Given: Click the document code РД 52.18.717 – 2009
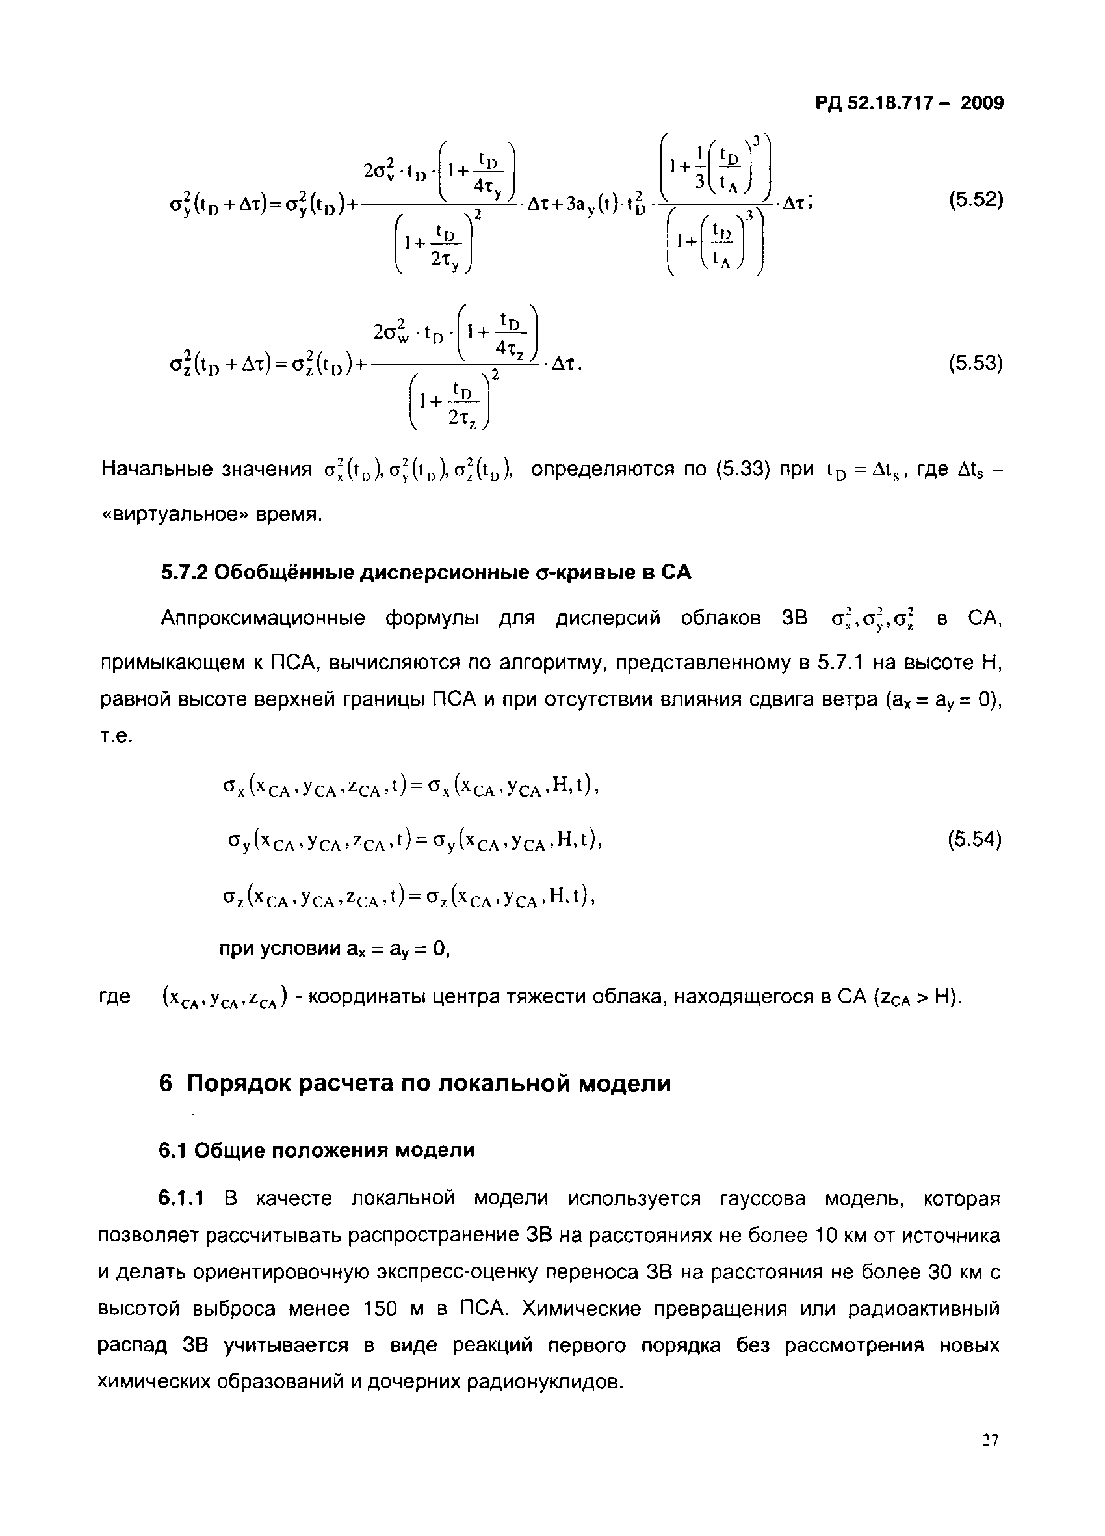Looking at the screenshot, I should (x=909, y=103).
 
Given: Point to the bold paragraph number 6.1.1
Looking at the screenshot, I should (x=181, y=1198).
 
